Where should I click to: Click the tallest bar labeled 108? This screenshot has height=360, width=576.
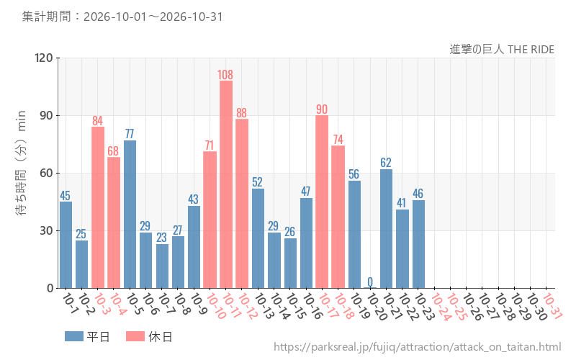tap(226, 184)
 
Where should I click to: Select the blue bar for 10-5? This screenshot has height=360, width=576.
tap(130, 214)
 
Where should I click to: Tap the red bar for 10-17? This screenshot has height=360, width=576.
tap(322, 202)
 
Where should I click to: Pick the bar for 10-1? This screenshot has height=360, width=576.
tap(66, 245)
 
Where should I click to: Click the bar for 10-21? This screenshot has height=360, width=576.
tap(386, 229)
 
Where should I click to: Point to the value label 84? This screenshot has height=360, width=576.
tap(97, 121)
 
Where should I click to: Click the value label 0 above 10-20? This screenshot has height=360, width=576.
tap(370, 282)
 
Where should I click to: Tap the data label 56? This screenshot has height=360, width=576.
tap(354, 174)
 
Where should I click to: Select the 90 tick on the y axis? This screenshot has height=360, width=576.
tap(46, 115)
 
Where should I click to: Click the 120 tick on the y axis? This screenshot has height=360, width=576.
tap(44, 58)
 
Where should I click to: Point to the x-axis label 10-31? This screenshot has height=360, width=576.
tap(552, 306)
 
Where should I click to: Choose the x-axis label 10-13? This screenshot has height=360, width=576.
tap(264, 306)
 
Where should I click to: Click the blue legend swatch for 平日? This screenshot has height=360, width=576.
tap(74, 336)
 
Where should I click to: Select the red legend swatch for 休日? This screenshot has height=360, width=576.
tap(135, 336)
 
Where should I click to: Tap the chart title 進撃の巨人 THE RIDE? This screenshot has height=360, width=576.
tap(502, 49)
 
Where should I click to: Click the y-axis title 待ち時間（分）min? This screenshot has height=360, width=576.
tap(22, 163)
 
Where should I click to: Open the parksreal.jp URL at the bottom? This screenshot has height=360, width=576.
tap(418, 347)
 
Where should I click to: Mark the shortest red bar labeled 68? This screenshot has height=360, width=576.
tap(114, 222)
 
